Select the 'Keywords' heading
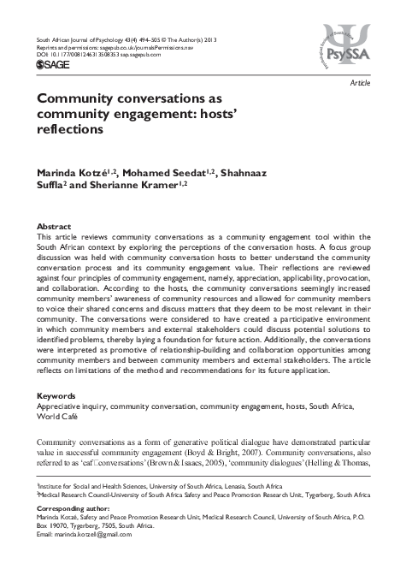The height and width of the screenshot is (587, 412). coord(55,396)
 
